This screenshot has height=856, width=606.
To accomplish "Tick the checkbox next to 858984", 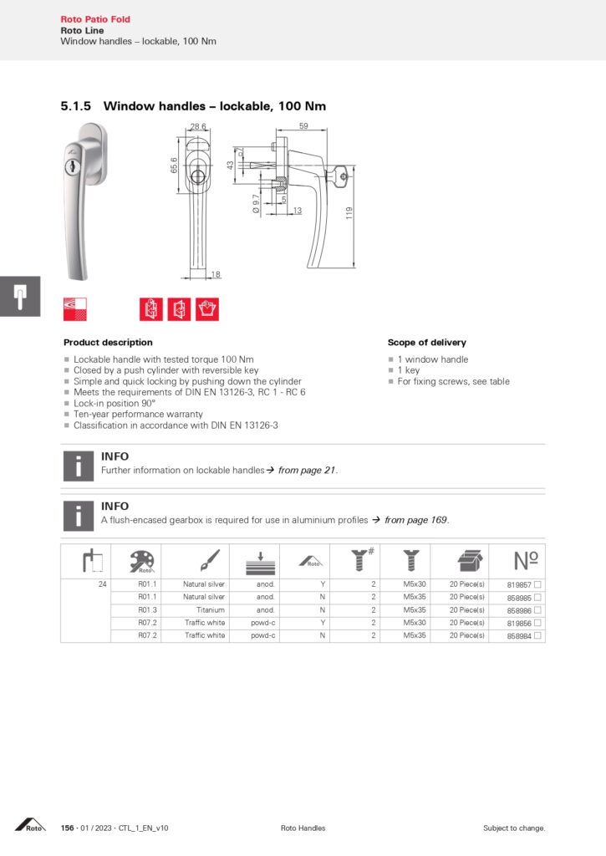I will tap(538, 636).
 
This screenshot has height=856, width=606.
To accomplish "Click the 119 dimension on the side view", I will tap(350, 213).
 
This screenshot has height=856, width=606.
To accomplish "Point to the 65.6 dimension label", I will tap(174, 166).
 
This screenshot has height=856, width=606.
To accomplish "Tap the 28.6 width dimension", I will tap(198, 126).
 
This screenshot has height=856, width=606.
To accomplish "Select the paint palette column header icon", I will tap(136, 560).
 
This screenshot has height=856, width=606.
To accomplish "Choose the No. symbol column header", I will tap(525, 560).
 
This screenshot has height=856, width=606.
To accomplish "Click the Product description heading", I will tap(108, 343).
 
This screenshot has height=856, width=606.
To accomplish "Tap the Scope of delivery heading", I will tap(426, 343).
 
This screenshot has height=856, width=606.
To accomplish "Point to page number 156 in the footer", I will tap(68, 828).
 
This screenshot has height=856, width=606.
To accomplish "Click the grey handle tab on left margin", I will tap(19, 296).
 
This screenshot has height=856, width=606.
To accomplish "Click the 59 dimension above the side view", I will tap(303, 126).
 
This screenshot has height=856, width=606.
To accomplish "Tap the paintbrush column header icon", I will tap(209, 560).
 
